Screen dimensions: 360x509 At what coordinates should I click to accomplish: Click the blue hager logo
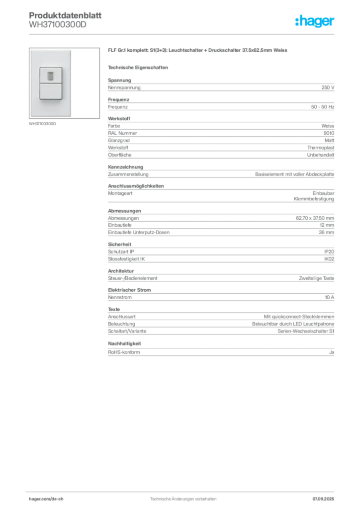pyautogui.click(x=315, y=22)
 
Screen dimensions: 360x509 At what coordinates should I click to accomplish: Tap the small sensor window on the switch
pyautogui.click(x=51, y=76)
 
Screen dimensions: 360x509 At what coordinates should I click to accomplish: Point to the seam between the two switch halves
pyautogui.click(x=51, y=83)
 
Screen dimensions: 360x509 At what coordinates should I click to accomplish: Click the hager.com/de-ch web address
pyautogui.click(x=49, y=499)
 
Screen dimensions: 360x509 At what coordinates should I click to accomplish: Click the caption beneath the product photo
pyautogui.click(x=43, y=124)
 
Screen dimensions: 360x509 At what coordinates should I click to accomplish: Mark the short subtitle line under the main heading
pyautogui.click(x=139, y=67)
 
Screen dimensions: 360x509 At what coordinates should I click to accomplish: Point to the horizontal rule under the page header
pyautogui.click(x=183, y=34)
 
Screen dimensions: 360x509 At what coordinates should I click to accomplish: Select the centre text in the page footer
pyautogui.click(x=181, y=497)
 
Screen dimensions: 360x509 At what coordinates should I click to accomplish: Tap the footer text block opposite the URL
pyautogui.click(x=324, y=496)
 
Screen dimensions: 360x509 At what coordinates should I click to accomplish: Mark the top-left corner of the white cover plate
pyautogui.click(x=31, y=50)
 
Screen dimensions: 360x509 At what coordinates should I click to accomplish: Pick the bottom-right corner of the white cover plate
pyautogui.click(x=71, y=116)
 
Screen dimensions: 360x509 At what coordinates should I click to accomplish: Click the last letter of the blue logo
pyautogui.click(x=334, y=22)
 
